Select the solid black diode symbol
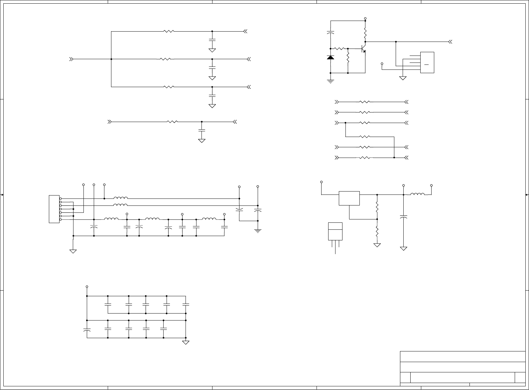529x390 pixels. coord(331,58)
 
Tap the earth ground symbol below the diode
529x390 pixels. coord(331,81)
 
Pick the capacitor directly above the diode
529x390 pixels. coord(331,33)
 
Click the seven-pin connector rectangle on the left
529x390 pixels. coord(54,209)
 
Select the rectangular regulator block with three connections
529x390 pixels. coord(349,198)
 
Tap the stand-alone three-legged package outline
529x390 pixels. coord(335,231)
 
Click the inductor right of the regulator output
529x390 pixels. coord(417,195)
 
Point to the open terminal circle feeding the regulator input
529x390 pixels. coord(322,182)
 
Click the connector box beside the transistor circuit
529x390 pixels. coord(427,63)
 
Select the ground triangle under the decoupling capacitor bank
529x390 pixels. coord(186,342)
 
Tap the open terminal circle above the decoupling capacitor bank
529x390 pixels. coord(87,287)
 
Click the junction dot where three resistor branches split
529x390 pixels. coord(111,59)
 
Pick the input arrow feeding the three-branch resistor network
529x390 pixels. coord(71,59)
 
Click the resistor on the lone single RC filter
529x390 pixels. coord(172,122)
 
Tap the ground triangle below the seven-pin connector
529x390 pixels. coord(73,251)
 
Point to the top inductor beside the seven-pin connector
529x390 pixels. coord(120,198)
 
